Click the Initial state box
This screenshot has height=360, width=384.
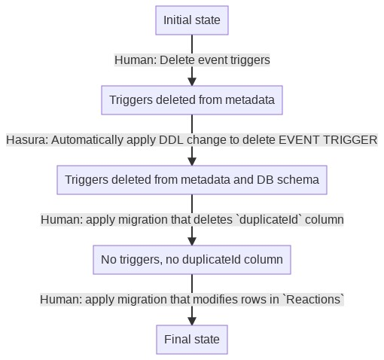[x=192, y=20]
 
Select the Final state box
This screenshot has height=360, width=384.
[x=192, y=340]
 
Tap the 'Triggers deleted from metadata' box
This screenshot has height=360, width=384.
[x=192, y=100]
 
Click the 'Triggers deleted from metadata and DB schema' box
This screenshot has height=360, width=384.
[x=192, y=180]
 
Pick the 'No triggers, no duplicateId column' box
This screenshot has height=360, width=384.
[x=192, y=260]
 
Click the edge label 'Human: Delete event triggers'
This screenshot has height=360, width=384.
[x=192, y=59]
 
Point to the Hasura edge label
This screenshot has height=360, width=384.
[x=192, y=140]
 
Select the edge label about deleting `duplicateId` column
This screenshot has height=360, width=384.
[x=192, y=220]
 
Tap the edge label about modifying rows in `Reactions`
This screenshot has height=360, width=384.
[x=192, y=300]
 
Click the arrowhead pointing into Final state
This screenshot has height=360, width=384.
[x=192, y=320]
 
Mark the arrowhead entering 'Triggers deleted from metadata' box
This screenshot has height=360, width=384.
[x=192, y=81]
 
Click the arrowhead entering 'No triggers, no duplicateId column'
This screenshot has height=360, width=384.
[x=192, y=240]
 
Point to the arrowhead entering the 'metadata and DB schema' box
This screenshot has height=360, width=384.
[x=192, y=160]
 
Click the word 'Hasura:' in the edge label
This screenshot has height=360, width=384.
[x=27, y=140]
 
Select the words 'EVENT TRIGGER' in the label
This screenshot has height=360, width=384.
[x=328, y=140]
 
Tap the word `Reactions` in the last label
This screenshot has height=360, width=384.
[x=313, y=300]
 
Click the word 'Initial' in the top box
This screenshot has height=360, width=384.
[x=177, y=20]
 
